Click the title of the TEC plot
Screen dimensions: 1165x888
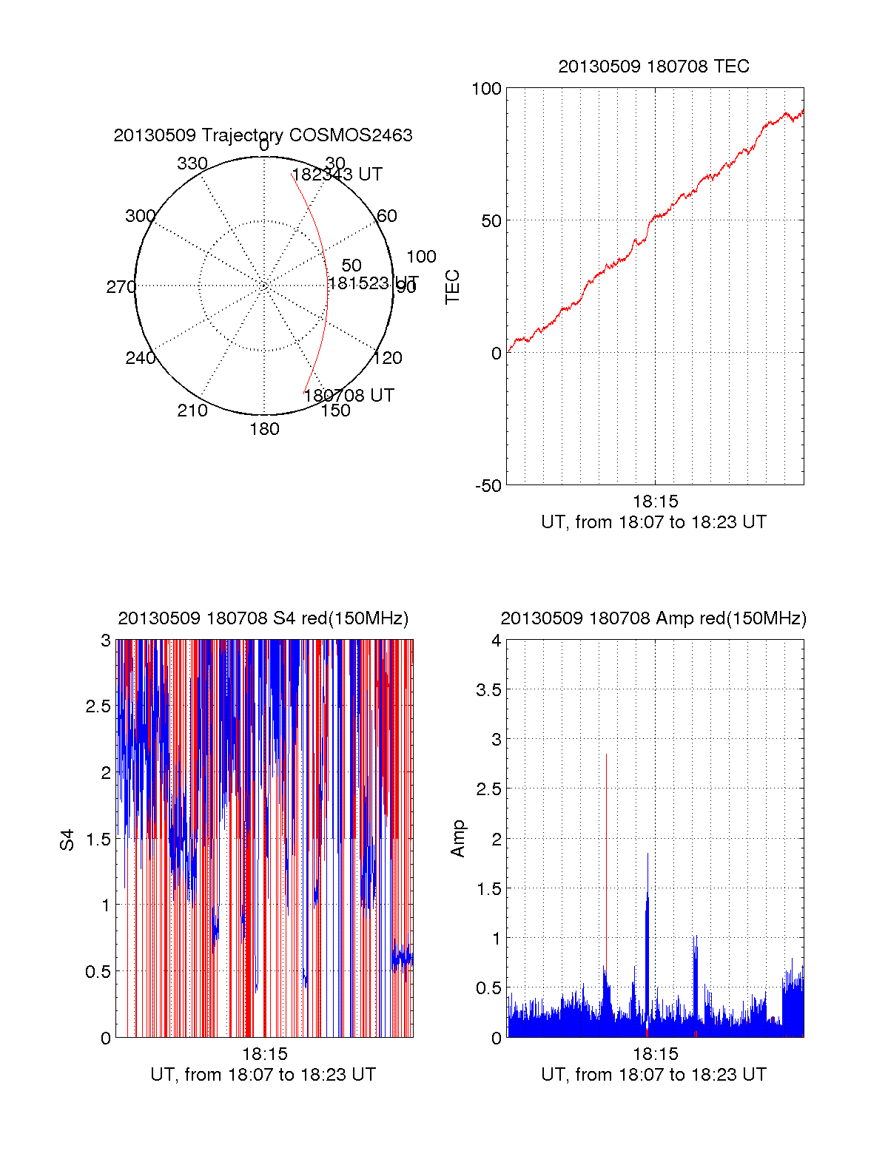pyautogui.click(x=653, y=67)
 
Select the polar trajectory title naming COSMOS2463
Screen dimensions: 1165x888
pyautogui.click(x=263, y=135)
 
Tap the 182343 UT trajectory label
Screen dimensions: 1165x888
pyautogui.click(x=337, y=175)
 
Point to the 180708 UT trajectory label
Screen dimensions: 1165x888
pyautogui.click(x=349, y=395)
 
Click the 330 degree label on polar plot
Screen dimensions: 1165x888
pyautogui.click(x=192, y=163)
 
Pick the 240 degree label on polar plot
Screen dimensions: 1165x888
pyautogui.click(x=141, y=358)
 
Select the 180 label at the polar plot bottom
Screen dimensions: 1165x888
pyautogui.click(x=264, y=429)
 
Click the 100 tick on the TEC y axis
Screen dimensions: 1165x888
pyautogui.click(x=486, y=89)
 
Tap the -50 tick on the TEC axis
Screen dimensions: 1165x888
pyautogui.click(x=488, y=486)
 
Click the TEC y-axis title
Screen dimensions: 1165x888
pyautogui.click(x=453, y=287)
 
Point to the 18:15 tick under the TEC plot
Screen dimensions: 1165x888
pyautogui.click(x=655, y=502)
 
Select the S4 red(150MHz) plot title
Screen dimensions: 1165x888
pyautogui.click(x=263, y=618)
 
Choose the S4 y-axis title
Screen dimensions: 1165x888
pyautogui.click(x=67, y=840)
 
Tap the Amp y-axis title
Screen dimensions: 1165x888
pyautogui.click(x=458, y=839)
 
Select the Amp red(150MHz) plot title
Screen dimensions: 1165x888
pyautogui.click(x=653, y=618)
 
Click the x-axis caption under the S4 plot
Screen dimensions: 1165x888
pyautogui.click(x=263, y=1075)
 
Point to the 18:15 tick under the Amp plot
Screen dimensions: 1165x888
pyautogui.click(x=655, y=1054)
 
